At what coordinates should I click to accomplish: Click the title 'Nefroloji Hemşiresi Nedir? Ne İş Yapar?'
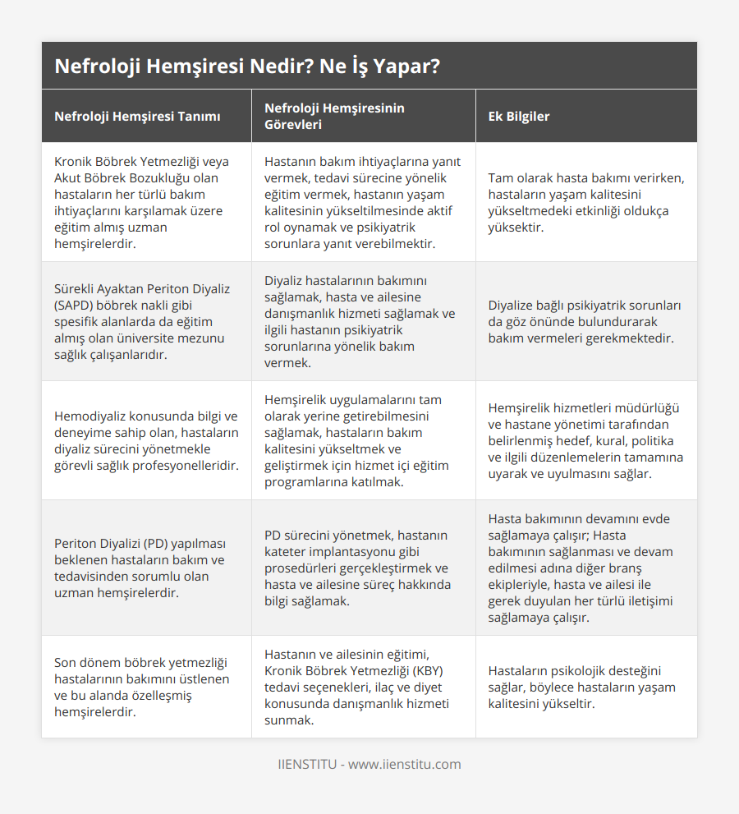pyautogui.click(x=246, y=67)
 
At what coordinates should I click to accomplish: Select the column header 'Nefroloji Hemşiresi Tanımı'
pyautogui.click(x=137, y=117)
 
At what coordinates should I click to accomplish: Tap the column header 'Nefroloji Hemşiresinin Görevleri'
pyautogui.click(x=334, y=117)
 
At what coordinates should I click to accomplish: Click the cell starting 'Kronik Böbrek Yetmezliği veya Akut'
pyautogui.click(x=141, y=202)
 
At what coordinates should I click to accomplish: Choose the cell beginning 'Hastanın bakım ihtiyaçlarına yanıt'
pyautogui.click(x=362, y=202)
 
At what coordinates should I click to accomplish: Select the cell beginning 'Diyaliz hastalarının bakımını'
pyautogui.click(x=360, y=321)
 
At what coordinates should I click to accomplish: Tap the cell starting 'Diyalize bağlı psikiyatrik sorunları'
pyautogui.click(x=584, y=321)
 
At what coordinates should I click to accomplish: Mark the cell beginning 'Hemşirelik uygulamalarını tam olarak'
pyautogui.click(x=357, y=440)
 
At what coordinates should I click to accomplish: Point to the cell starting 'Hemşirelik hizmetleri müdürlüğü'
pyautogui.click(x=585, y=440)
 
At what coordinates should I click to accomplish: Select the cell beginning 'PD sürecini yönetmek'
pyautogui.click(x=356, y=568)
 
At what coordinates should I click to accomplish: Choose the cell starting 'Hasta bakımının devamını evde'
pyautogui.click(x=585, y=568)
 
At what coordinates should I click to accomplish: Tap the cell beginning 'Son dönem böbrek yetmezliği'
pyautogui.click(x=141, y=687)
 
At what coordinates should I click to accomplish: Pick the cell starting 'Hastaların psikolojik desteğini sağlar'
pyautogui.click(x=581, y=687)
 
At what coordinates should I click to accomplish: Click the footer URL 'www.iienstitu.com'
pyautogui.click(x=405, y=765)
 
